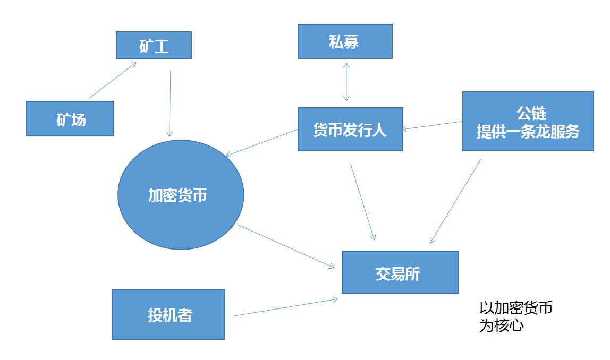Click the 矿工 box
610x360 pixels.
point(154,46)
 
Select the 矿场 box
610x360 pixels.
point(70,118)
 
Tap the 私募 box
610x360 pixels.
point(345,41)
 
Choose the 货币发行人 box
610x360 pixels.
point(350,129)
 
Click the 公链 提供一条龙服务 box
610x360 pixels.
point(528,121)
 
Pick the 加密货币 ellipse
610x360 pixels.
point(181,195)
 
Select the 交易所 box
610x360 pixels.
point(400,272)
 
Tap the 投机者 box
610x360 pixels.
point(168,314)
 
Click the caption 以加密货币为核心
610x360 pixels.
point(516,316)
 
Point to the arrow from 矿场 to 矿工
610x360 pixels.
point(113,80)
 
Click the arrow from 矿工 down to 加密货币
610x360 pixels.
point(170,104)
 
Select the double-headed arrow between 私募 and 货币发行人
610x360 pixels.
point(346,82)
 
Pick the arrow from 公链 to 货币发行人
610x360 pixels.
point(432,125)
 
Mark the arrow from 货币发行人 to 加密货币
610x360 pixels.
point(261,143)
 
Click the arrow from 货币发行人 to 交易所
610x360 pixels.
point(363,202)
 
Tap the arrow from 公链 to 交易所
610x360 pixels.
point(455,201)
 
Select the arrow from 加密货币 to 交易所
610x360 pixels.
point(286,246)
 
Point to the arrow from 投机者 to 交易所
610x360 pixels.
point(285,307)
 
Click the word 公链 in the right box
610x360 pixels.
point(531,113)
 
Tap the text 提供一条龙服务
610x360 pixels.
point(528,131)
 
